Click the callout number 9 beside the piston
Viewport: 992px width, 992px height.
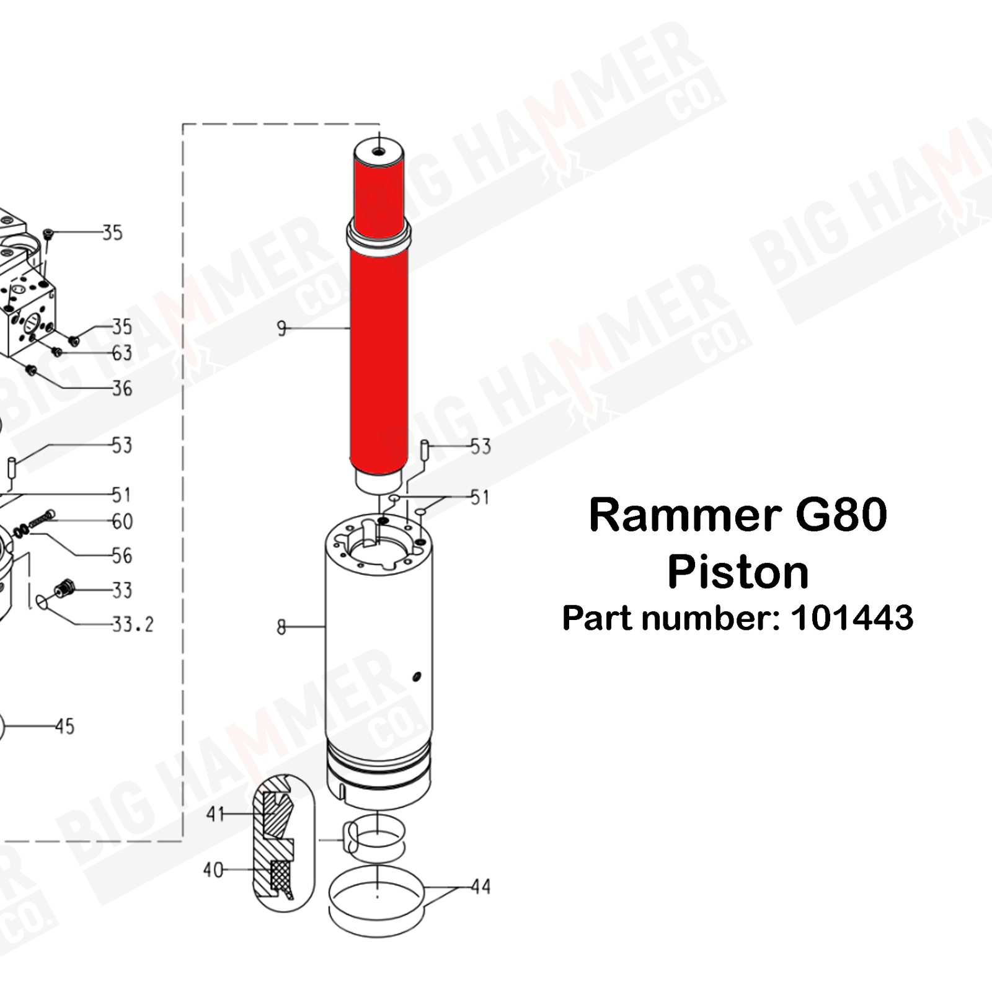pos(282,328)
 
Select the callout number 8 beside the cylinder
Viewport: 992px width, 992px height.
pos(281,627)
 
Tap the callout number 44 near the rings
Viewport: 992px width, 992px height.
pos(480,887)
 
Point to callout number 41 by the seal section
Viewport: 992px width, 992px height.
pos(215,813)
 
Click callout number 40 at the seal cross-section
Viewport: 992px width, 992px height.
pos(213,870)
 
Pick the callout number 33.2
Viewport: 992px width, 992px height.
pos(133,624)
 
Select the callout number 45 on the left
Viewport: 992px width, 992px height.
pos(64,726)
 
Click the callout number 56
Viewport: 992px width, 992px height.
pos(122,556)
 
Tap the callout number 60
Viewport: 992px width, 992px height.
pos(122,521)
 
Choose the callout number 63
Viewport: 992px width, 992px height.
pos(122,353)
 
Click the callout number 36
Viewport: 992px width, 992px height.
pos(122,389)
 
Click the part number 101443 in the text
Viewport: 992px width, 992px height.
pos(851,618)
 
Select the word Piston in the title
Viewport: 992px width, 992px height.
pos(738,572)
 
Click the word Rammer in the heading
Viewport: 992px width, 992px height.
pos(685,515)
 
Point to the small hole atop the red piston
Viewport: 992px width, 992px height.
pos(379,151)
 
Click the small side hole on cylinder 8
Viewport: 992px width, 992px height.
pos(416,676)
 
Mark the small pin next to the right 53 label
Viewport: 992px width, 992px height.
pos(425,449)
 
